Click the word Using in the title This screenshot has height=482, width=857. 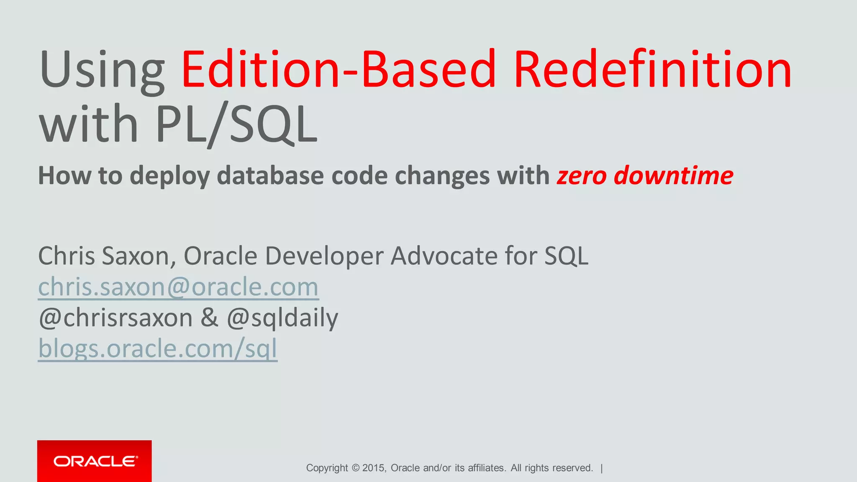[102, 70]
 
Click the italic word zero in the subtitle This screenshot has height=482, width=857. [581, 176]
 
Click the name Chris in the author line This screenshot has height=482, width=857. [66, 256]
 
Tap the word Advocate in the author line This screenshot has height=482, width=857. [443, 256]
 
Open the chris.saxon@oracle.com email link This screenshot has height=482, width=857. [178, 287]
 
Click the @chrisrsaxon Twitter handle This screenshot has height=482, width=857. [115, 318]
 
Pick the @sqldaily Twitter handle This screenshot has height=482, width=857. [282, 318]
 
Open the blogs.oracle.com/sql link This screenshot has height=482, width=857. [157, 349]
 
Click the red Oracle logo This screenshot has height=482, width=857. [95, 461]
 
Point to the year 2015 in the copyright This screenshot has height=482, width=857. [374, 468]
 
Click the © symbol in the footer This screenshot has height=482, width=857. [355, 468]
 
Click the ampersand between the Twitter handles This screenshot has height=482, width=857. [209, 318]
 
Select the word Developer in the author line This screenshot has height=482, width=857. [324, 256]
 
